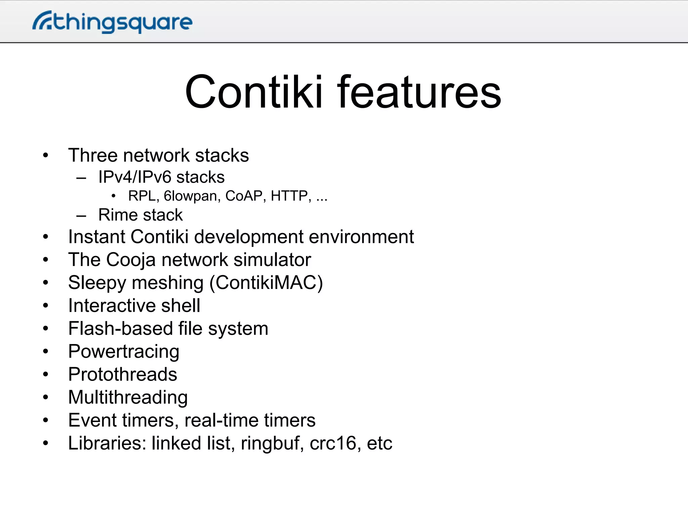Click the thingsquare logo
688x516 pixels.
tap(113, 22)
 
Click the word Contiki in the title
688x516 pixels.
tap(254, 92)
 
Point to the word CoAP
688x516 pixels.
tap(244, 196)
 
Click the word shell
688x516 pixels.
tap(180, 306)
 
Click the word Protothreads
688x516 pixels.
tap(123, 375)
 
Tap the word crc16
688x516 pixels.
tap(333, 443)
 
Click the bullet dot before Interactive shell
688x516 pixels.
tap(46, 306)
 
